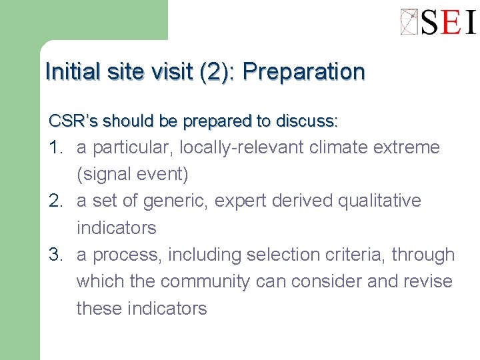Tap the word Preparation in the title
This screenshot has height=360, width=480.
coord(304,72)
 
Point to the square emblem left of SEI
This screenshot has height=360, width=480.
coord(409,22)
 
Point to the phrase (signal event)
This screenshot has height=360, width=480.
coord(133,175)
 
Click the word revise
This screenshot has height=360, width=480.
coord(427,282)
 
